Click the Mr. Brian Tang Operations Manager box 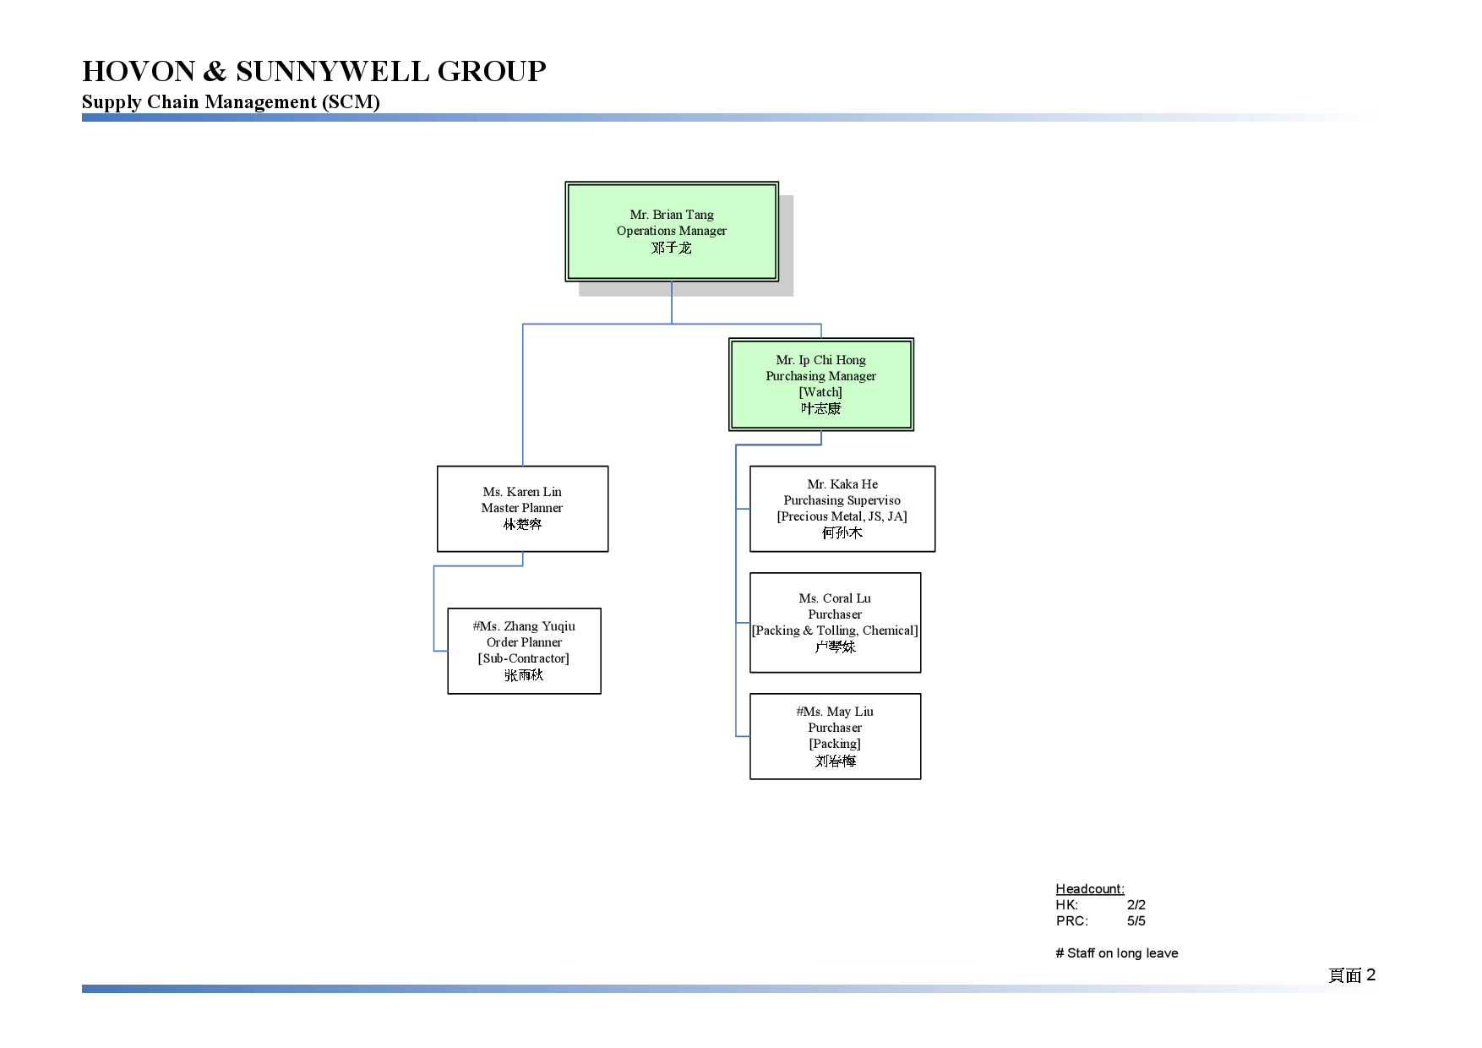tap(672, 232)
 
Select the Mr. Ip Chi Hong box tap(821, 385)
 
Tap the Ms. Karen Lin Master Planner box tap(523, 509)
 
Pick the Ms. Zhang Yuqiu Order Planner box tap(524, 651)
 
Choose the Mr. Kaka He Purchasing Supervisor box tap(842, 509)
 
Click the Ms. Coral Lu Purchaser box tap(836, 623)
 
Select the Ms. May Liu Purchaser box tap(836, 736)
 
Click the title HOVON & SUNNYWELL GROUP tap(314, 71)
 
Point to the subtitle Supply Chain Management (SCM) tap(231, 102)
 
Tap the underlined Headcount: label tap(1090, 888)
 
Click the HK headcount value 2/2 tap(1136, 904)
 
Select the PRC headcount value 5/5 tap(1136, 920)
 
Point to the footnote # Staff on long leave tap(1117, 953)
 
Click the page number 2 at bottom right tap(1370, 974)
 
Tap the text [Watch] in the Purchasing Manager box tap(821, 392)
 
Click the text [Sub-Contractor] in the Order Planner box tap(524, 658)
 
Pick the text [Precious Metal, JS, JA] tap(842, 516)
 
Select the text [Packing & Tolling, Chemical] tap(836, 630)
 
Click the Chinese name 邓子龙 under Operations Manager tap(672, 248)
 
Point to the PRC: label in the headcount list tap(1072, 920)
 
